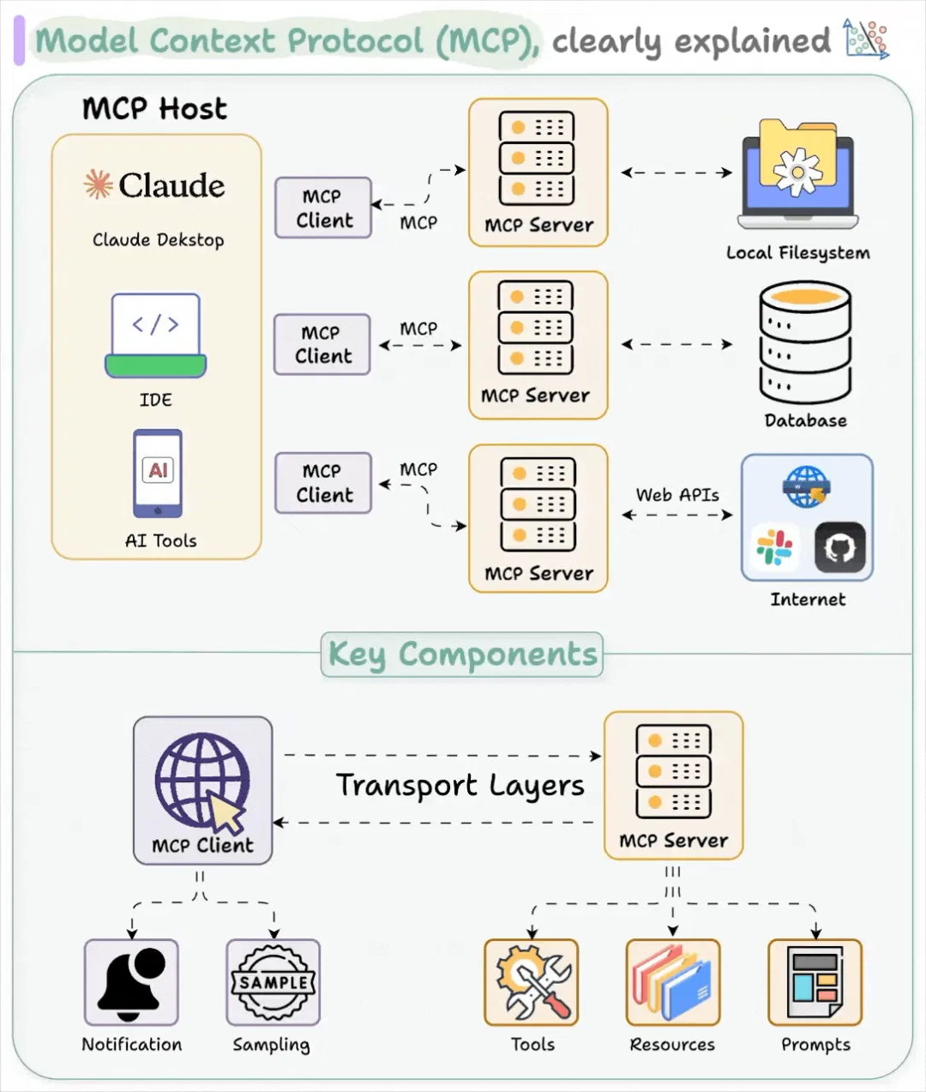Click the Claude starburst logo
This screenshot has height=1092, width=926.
point(98,184)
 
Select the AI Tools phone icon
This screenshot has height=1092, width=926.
point(158,474)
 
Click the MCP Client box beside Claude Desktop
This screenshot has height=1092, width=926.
point(323,208)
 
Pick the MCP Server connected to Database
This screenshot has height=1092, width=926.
point(538,345)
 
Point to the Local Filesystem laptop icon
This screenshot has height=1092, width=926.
point(798,175)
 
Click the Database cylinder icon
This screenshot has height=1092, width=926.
point(805,342)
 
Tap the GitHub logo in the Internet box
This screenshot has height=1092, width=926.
point(839,547)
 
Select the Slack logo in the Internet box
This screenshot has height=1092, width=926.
point(774,547)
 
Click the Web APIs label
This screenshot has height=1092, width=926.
point(677,495)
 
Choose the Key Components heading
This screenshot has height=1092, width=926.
point(462,655)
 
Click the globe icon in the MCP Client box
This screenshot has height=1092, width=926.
point(203,780)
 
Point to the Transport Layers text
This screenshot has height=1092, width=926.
point(460,785)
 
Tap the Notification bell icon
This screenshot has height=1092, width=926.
point(131,982)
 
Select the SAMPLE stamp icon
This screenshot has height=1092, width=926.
point(273,982)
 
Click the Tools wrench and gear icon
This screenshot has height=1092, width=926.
point(532,982)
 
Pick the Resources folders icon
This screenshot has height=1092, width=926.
point(672,982)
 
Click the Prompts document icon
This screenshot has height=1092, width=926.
point(815,982)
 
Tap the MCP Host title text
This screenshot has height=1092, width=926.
point(155,109)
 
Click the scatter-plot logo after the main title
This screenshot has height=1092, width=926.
point(866,39)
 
